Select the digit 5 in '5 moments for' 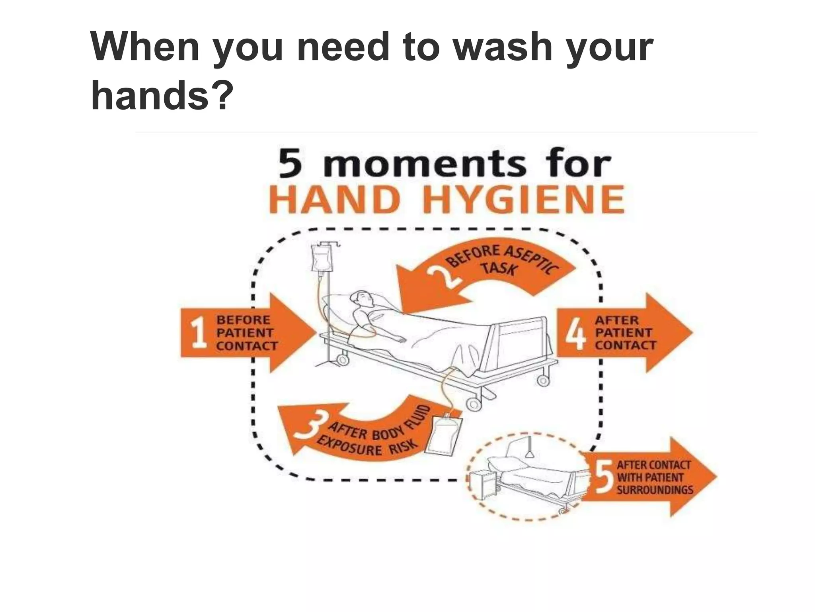(292, 164)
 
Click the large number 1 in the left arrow (198, 333)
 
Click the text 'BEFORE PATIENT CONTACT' (246, 333)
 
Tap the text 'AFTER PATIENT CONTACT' (625, 333)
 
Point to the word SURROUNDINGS (655, 490)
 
